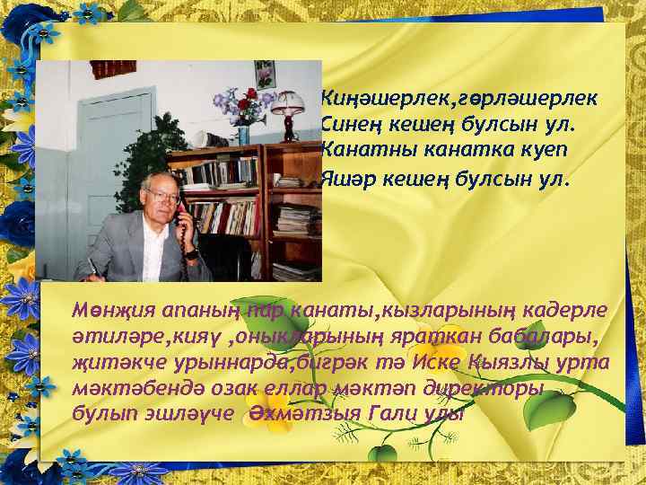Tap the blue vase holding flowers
pos(243,135)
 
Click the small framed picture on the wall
pos(264,74)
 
